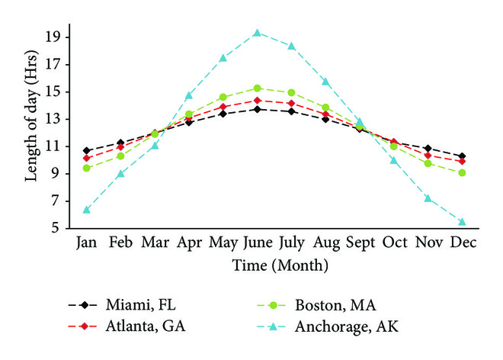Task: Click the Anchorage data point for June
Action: tap(258, 33)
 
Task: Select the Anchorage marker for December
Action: tap(463, 222)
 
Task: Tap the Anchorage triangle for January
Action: tap(87, 210)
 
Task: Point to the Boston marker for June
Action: tap(258, 88)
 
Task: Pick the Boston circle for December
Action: tap(463, 173)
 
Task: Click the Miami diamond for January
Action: tap(87, 151)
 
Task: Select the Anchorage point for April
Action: tap(189, 95)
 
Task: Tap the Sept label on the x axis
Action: tap(360, 243)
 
